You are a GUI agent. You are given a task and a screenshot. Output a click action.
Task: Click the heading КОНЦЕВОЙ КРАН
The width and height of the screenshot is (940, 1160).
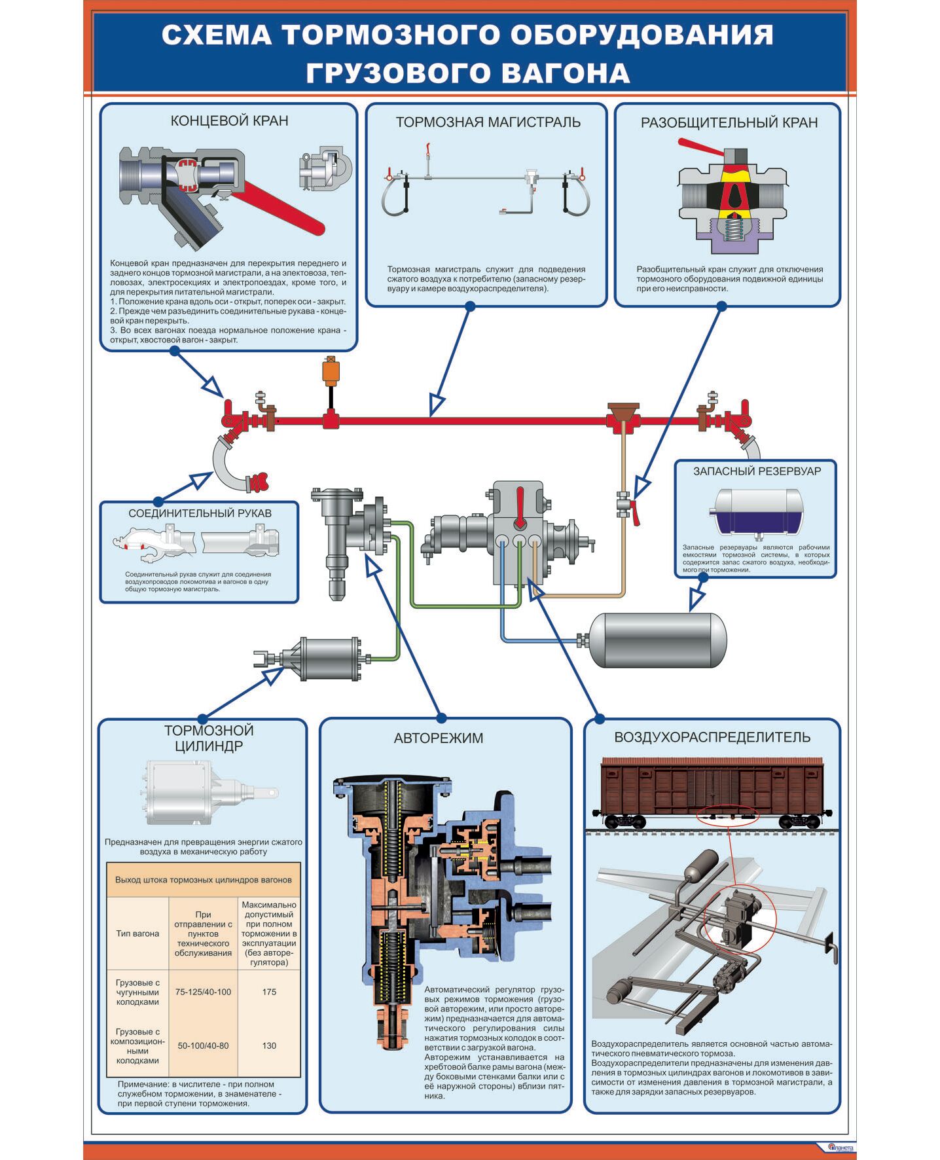pyautogui.click(x=229, y=121)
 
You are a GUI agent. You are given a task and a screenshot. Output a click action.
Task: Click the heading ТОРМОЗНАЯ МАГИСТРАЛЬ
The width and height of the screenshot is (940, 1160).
pyautogui.click(x=488, y=122)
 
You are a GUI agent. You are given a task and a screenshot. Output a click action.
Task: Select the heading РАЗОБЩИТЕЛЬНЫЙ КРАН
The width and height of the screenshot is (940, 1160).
pyautogui.click(x=729, y=122)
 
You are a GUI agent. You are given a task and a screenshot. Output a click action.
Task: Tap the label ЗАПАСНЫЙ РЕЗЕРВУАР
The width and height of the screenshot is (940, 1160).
pyautogui.click(x=757, y=471)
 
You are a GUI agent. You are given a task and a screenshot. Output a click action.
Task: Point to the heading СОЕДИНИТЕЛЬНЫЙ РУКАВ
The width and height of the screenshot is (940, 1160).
pyautogui.click(x=200, y=513)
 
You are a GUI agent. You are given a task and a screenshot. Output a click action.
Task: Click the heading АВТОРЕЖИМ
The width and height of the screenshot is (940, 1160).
pyautogui.click(x=439, y=738)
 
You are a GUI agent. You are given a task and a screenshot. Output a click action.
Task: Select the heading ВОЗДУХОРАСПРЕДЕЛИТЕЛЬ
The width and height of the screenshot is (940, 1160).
pyautogui.click(x=712, y=738)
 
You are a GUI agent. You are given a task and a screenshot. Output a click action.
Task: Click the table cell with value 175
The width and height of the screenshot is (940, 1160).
pyautogui.click(x=269, y=992)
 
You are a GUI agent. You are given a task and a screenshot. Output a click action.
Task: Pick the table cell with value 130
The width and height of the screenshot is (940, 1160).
pyautogui.click(x=269, y=1045)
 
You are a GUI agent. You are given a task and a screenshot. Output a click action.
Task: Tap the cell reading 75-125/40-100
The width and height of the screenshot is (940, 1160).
pyautogui.click(x=203, y=992)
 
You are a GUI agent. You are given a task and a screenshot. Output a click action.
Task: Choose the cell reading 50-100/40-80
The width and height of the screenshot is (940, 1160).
pyautogui.click(x=203, y=1045)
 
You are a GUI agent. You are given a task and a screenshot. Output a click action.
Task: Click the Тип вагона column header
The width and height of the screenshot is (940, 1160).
pyautogui.click(x=137, y=933)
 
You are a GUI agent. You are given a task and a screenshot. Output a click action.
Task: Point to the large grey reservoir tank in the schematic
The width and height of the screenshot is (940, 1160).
pyautogui.click(x=658, y=640)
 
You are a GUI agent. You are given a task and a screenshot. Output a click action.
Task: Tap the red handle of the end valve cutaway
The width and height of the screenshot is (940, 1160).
pyautogui.click(x=281, y=206)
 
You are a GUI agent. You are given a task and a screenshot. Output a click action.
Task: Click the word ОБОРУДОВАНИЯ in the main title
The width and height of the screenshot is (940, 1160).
pyautogui.click(x=642, y=35)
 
